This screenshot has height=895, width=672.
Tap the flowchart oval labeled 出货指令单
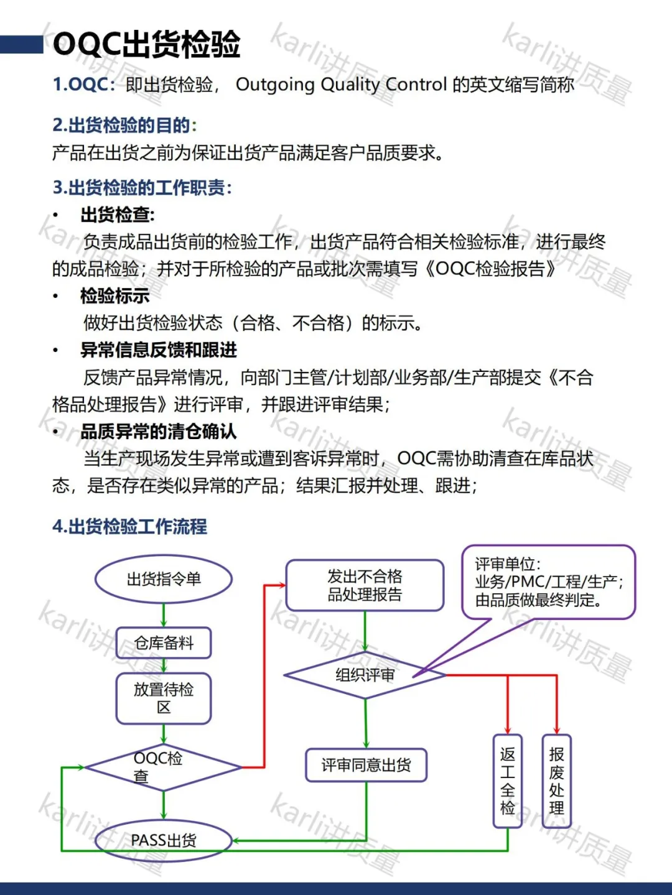pos(164,579)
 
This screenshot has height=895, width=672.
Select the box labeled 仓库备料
pos(164,642)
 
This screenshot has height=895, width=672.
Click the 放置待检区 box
pos(164,698)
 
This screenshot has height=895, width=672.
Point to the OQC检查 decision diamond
pos(163,767)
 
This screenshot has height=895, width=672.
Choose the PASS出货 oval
pos(164,840)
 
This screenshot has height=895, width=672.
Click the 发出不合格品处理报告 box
pos(365,585)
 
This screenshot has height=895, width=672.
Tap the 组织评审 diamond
pos(365,675)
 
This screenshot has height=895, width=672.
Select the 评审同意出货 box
pos(366,765)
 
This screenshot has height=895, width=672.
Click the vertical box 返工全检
pos(508,781)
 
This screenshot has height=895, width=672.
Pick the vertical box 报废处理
pos(556,781)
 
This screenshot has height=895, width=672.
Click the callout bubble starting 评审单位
pos(548,582)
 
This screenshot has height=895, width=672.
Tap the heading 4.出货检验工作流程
pos(129,527)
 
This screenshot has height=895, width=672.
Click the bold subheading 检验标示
pos(115,296)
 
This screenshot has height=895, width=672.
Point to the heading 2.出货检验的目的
pos(124,125)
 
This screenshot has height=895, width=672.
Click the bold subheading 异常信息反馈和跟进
pos(159,350)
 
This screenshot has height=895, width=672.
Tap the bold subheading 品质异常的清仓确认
pos(159,432)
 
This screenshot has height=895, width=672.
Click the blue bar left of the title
pos(22,44)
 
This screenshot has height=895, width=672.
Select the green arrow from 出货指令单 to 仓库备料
pos(164,615)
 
